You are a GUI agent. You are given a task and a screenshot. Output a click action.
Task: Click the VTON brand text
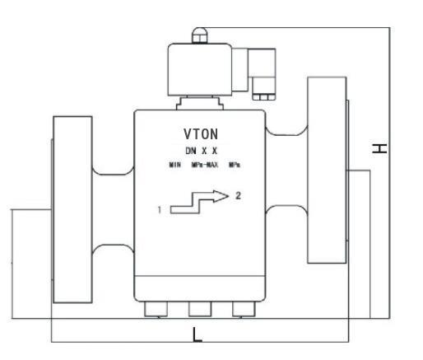[201, 134]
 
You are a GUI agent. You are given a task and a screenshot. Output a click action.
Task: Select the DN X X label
[202, 151]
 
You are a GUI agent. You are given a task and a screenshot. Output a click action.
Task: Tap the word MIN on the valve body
[174, 165]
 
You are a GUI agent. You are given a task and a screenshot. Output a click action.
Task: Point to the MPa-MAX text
[205, 165]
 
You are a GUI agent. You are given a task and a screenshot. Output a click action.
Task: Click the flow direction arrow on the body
[199, 202]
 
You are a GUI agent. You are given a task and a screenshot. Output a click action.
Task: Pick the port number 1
[160, 210]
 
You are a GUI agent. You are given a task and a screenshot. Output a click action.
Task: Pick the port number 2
[238, 195]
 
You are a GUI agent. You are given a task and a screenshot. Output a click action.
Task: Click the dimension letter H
[379, 148]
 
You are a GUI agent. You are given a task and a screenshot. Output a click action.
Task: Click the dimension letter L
[197, 334]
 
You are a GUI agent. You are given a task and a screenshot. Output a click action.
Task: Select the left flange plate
[72, 209]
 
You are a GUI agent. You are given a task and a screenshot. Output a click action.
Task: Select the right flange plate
[327, 170]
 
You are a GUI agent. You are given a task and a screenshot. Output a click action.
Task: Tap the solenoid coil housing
[200, 69]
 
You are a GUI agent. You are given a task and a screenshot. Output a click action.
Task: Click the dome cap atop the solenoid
[200, 35]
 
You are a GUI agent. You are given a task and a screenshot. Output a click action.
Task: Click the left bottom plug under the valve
[156, 309]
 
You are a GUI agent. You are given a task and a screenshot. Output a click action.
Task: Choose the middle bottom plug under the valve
[200, 309]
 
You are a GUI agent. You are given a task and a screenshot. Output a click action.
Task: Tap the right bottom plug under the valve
[244, 309]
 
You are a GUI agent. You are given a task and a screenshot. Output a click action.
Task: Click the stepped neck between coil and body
[200, 103]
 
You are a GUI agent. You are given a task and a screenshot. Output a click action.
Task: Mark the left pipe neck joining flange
[113, 209]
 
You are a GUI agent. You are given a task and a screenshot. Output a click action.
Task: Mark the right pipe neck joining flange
[286, 170]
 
